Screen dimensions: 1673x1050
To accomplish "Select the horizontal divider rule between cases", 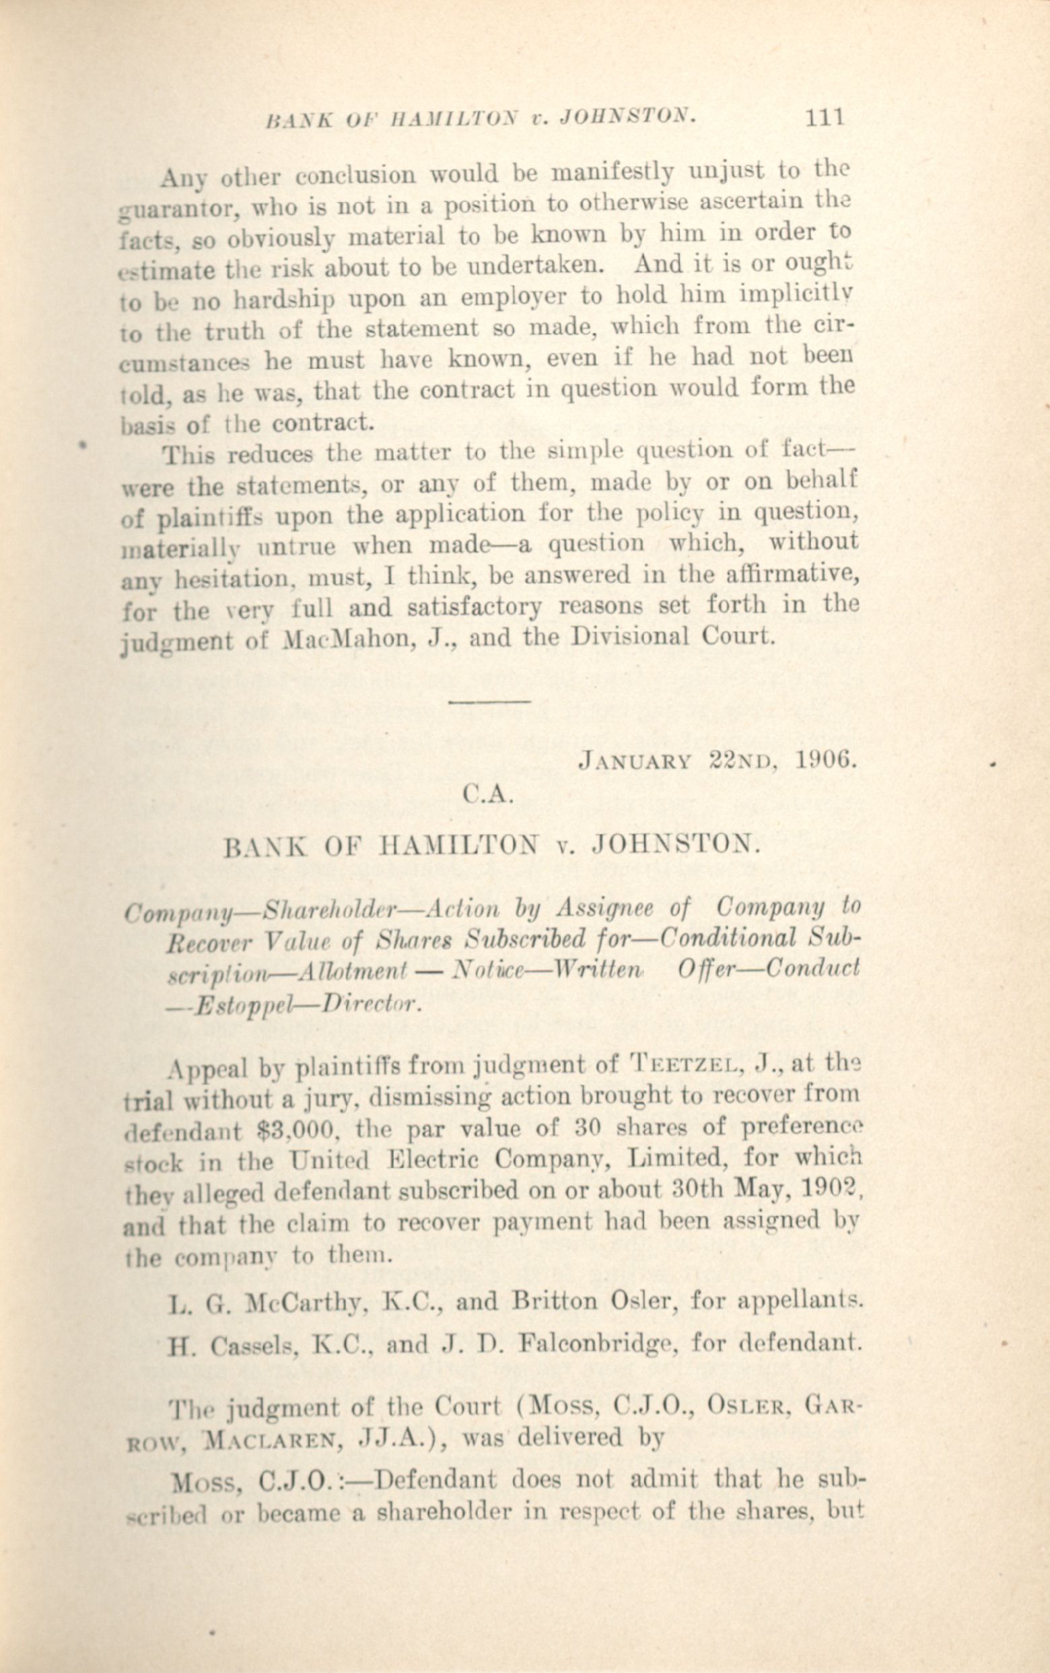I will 489,702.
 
